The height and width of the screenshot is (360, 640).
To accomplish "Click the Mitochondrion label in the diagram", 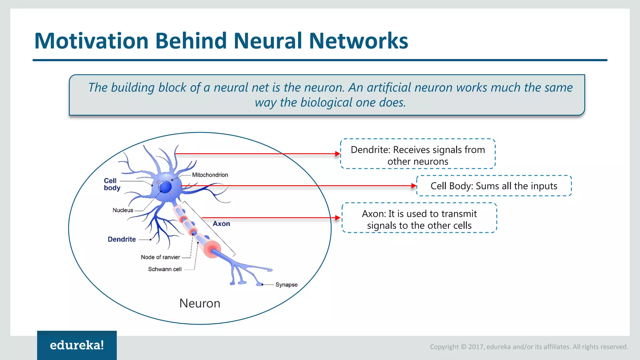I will [x=210, y=175].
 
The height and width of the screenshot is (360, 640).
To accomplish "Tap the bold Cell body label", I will [x=112, y=184].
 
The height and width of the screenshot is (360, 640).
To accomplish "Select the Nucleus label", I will [x=123, y=210].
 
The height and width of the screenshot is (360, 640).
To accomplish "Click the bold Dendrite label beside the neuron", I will [x=122, y=239].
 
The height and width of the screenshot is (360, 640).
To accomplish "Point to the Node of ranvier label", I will [x=160, y=257].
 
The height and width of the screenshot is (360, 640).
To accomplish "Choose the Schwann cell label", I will [x=165, y=269].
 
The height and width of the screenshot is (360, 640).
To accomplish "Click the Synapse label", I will [x=286, y=285].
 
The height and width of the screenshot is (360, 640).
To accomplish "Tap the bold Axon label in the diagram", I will [x=221, y=224].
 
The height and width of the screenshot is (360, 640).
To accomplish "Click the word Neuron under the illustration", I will [x=200, y=303].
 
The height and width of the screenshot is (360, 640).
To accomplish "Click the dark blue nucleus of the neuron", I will [x=165, y=187].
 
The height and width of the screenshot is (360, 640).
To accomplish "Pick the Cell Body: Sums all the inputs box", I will [x=494, y=186].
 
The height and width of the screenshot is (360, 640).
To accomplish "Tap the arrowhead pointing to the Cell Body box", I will [x=414, y=186].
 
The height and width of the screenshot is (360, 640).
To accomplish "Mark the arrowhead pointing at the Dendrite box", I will [x=337, y=154].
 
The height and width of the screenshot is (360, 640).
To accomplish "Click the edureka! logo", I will [x=77, y=345].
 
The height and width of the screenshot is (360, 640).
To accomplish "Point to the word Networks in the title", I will [x=358, y=41].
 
